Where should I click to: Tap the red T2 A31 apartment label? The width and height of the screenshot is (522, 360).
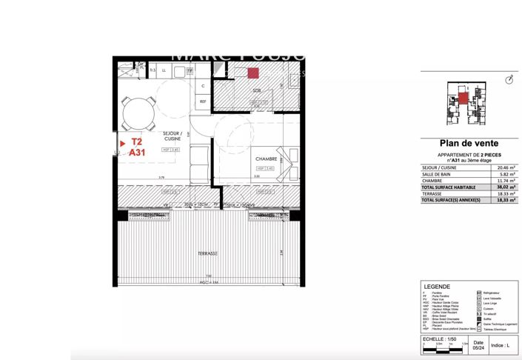click(x=137, y=147)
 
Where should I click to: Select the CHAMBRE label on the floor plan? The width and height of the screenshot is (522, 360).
click(x=266, y=159)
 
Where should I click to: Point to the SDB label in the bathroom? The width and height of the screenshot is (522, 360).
click(x=256, y=90)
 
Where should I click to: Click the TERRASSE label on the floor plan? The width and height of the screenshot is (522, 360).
click(x=207, y=253)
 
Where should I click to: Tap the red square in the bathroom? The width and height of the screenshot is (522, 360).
click(x=252, y=73)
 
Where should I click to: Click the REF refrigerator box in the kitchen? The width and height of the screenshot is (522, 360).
click(x=201, y=102)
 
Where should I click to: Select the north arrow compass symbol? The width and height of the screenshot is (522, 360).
click(x=508, y=79)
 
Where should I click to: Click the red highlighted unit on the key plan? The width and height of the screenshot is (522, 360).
click(x=462, y=98)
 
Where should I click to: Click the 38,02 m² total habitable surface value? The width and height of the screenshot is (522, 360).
click(x=507, y=187)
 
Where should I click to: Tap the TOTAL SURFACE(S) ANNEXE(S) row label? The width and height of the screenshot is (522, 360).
click(x=450, y=201)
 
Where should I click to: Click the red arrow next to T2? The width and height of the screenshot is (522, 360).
click(x=121, y=141)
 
